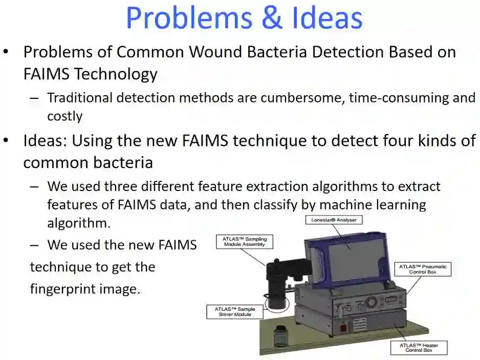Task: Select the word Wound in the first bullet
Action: pos(221,52)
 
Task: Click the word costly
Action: pos(64,116)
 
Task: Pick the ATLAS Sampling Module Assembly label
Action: pos(245,241)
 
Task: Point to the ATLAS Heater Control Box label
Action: pos(419,348)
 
